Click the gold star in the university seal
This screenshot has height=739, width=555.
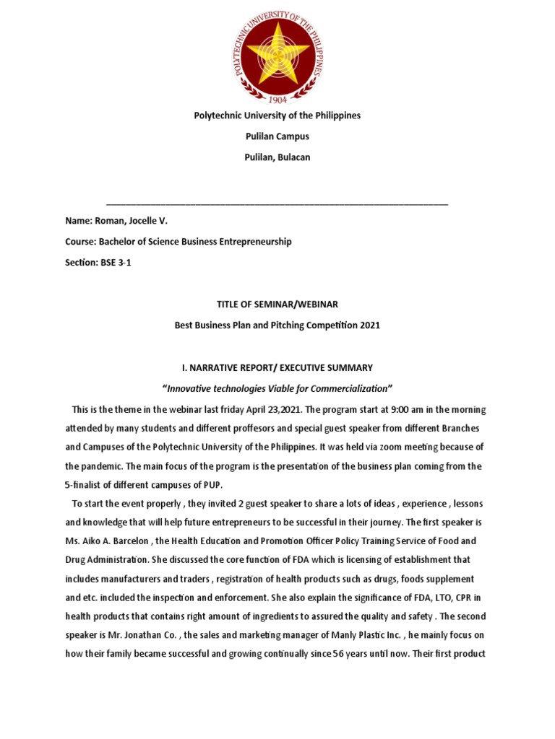pyautogui.click(x=277, y=52)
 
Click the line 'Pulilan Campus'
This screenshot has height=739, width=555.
pyautogui.click(x=277, y=136)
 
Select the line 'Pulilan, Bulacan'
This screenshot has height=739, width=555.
pyautogui.click(x=277, y=157)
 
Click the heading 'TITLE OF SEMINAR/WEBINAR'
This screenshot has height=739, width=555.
pyautogui.click(x=277, y=305)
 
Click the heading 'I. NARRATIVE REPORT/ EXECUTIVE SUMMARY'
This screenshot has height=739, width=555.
pyautogui.click(x=277, y=367)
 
